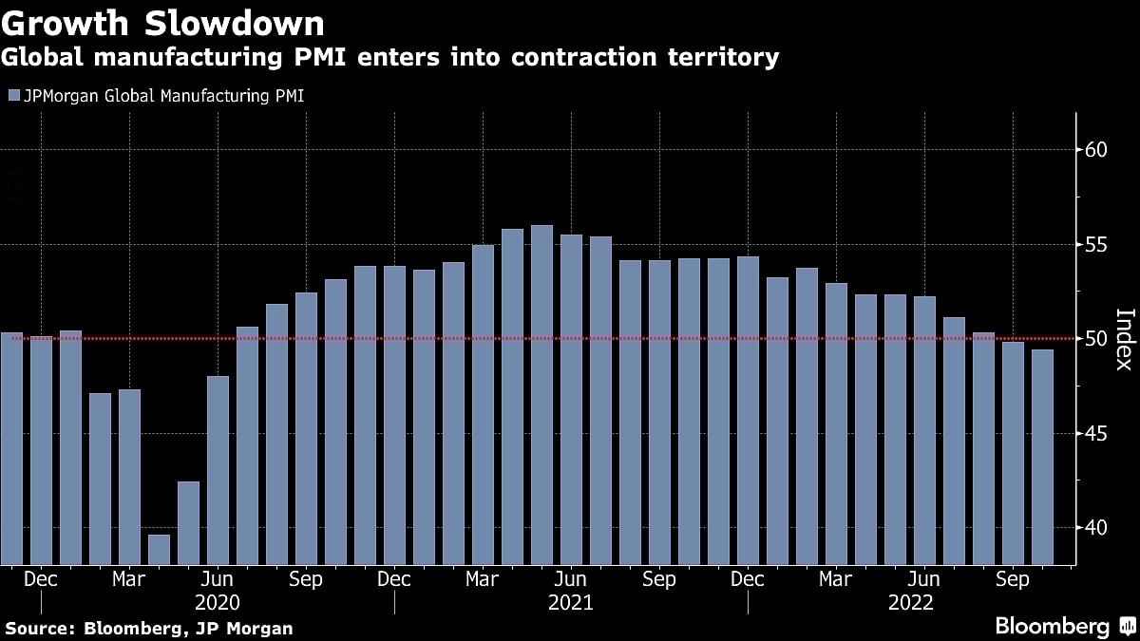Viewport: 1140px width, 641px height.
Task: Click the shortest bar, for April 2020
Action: tap(159, 550)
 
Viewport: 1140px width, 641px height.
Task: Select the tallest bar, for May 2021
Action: tap(541, 395)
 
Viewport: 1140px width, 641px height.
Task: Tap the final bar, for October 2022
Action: tap(1042, 457)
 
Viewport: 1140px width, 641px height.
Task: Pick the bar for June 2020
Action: tap(218, 470)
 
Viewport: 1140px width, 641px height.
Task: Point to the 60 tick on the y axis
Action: tap(1096, 150)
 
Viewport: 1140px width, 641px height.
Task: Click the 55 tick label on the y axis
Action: tap(1096, 245)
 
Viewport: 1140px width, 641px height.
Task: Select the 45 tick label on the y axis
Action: tap(1096, 434)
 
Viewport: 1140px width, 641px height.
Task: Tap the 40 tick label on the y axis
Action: tap(1096, 528)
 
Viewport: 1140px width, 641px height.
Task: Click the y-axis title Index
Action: tap(1124, 339)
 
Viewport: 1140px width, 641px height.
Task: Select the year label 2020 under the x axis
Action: tap(218, 603)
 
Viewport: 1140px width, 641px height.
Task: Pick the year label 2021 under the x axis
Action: tap(571, 603)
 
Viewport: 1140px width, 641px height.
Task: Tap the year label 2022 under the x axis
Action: tap(911, 603)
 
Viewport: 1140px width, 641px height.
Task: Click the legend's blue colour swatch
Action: tap(11, 96)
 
